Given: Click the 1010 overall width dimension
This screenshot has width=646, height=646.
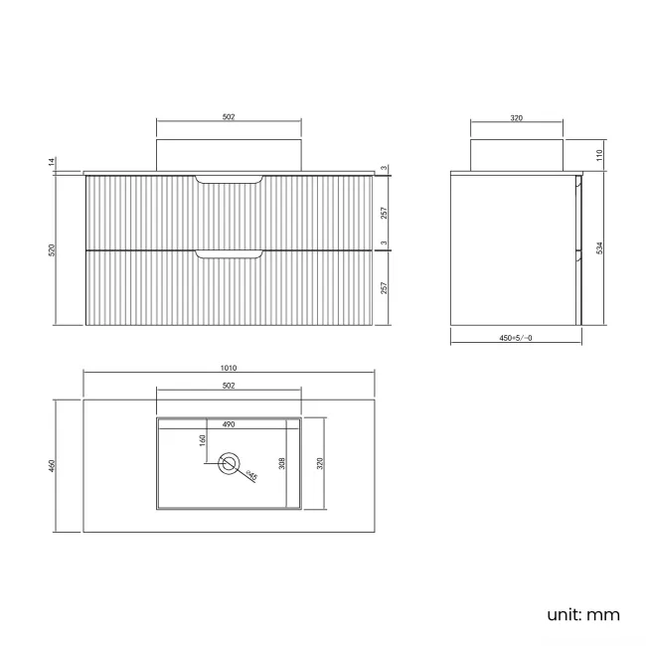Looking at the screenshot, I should click(230, 368).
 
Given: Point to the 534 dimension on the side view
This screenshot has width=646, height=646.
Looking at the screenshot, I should click(597, 248).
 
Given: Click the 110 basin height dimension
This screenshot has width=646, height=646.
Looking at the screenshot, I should click(597, 155).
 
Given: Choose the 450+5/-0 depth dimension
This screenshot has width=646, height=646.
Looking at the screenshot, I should click(517, 338).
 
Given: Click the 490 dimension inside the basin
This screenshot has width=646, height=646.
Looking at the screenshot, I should click(229, 424).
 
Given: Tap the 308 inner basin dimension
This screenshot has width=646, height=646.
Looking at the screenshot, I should click(283, 464).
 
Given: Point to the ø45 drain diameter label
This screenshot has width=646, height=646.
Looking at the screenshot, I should click(252, 475).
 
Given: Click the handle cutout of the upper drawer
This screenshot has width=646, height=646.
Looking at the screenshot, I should click(230, 179).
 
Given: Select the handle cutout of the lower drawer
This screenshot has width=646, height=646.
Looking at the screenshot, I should click(230, 255).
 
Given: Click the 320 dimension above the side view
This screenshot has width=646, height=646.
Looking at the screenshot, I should click(517, 117).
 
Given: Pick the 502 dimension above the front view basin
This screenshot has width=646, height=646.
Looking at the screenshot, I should click(229, 117).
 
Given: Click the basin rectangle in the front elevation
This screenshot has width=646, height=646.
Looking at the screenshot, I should click(229, 154).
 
